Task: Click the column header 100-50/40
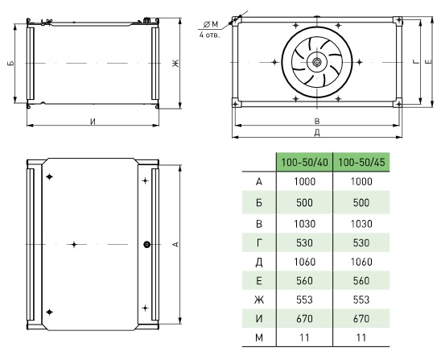[304, 163]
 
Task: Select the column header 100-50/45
[361, 163]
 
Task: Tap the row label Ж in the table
[259, 300]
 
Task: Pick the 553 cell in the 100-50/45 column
[361, 300]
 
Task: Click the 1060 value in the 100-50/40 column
[304, 262]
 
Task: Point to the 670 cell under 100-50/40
[304, 319]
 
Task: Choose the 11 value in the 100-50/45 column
[361, 337]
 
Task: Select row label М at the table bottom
[259, 337]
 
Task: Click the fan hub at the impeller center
[317, 62]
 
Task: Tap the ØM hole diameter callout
[210, 25]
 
